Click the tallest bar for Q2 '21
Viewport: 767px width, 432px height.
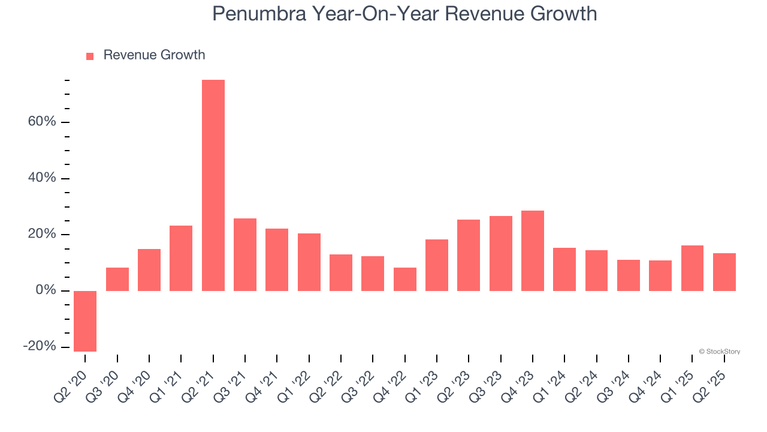(213, 185)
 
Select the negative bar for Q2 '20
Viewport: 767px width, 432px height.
(85, 321)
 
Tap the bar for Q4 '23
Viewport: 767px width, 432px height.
(533, 251)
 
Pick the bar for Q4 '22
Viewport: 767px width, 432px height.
(405, 279)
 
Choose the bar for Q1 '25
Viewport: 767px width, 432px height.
(692, 268)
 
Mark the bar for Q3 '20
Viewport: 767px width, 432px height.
(117, 279)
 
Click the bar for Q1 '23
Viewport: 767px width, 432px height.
(437, 265)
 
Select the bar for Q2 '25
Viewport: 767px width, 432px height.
(724, 272)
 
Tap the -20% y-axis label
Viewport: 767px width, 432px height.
(40, 347)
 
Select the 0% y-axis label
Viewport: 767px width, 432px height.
(46, 290)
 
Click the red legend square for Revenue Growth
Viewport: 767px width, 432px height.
(90, 56)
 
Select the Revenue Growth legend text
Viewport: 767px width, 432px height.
(154, 55)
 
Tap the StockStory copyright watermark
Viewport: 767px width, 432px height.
(719, 352)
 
